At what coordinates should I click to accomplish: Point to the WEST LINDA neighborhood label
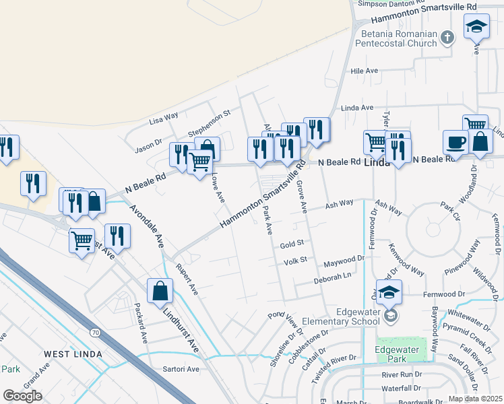[73, 353]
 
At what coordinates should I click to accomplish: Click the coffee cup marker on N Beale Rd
[455, 143]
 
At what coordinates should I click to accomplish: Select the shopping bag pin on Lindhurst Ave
[160, 292]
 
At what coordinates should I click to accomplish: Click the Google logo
[22, 396]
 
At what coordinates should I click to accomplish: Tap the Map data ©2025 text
[476, 399]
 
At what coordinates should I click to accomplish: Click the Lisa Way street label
[164, 119]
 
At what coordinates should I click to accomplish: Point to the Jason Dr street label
[149, 145]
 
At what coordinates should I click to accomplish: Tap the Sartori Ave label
[181, 369]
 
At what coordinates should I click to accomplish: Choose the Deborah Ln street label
[333, 275]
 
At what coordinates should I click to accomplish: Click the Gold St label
[293, 243]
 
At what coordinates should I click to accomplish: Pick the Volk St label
[295, 261]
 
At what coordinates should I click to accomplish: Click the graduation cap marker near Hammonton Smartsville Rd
[476, 27]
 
